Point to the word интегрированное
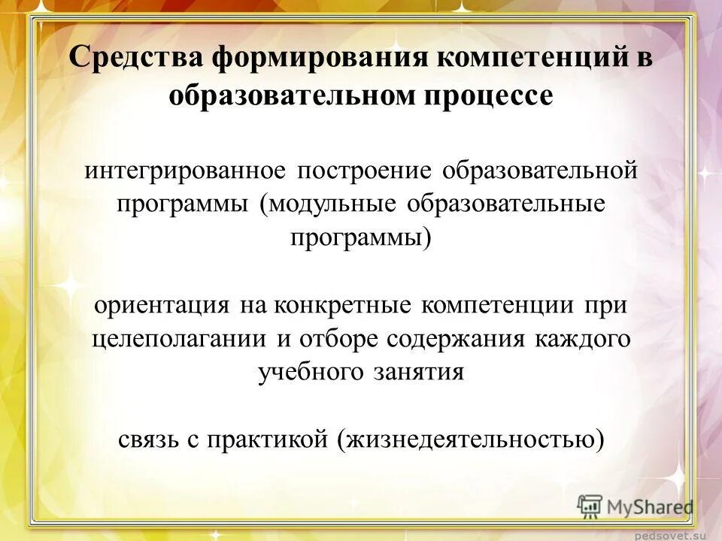pos(185,170)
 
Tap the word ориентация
pos(162,305)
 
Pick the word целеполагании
pos(179,338)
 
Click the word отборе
pos(340,338)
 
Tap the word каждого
pos(583,338)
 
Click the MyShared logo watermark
pos(636,506)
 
